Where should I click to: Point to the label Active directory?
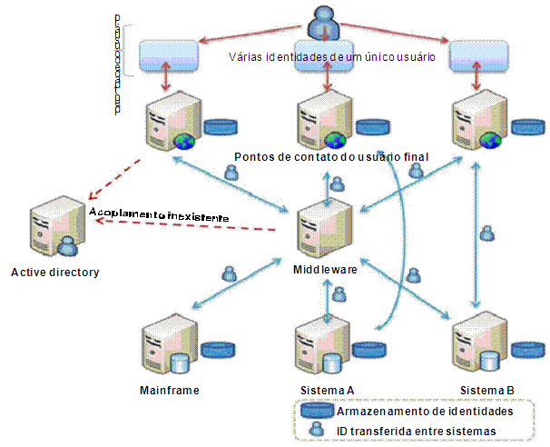[x=55, y=272]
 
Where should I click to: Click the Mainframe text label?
[x=170, y=391]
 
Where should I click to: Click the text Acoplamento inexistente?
[x=158, y=215]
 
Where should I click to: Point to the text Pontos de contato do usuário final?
[x=330, y=156]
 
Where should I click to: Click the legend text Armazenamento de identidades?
[x=422, y=412]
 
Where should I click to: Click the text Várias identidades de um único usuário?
[x=331, y=56]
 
